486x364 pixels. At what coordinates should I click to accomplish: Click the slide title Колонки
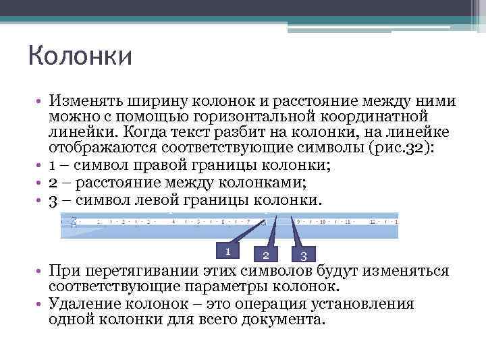click(80, 55)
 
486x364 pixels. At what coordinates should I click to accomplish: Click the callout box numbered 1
click(229, 251)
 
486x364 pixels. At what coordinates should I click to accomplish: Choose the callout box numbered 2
click(266, 254)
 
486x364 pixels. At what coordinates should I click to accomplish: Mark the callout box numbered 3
click(304, 255)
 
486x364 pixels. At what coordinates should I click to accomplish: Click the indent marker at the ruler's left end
click(74, 220)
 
